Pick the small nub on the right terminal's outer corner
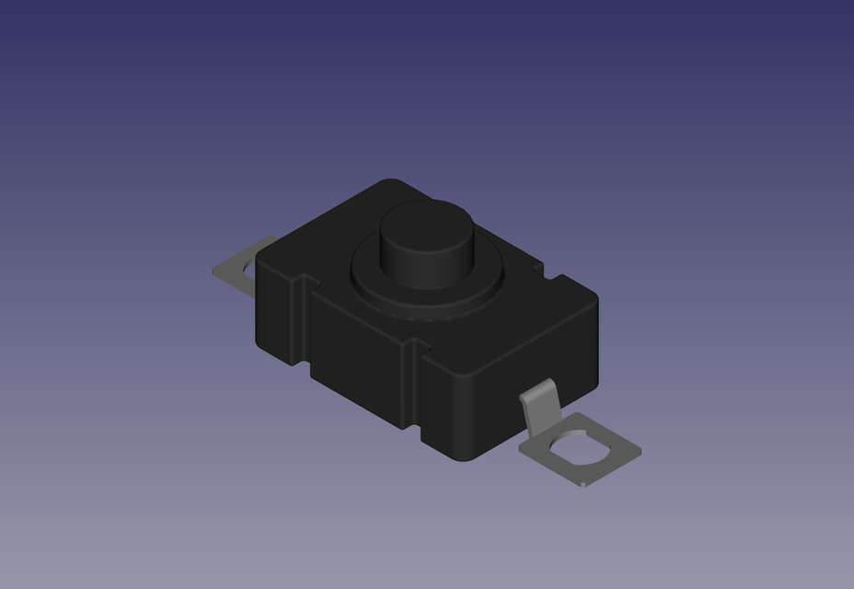coord(585,483)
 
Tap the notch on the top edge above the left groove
coord(304,277)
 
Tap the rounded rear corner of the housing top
coord(391,184)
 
